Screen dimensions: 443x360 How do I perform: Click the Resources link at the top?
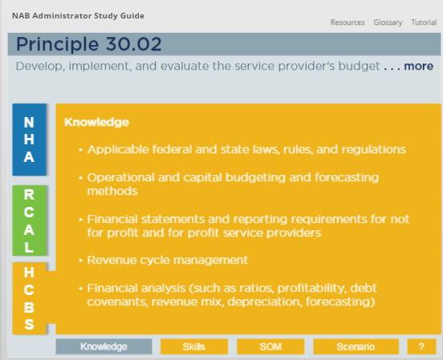347,22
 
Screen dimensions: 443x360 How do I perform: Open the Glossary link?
388,22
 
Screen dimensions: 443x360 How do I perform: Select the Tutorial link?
424,22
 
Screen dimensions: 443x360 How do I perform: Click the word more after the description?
418,66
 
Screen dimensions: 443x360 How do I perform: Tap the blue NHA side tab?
29,140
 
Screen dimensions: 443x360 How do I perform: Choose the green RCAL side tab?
29,220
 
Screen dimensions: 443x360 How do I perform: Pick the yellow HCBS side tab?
29,298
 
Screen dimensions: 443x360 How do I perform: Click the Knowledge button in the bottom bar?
104,346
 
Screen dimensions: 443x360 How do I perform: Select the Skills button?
194,346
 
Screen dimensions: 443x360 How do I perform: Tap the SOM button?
270,346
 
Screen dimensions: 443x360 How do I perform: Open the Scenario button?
356,346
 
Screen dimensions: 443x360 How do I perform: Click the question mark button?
421,346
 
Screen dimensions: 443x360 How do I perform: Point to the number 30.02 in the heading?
134,44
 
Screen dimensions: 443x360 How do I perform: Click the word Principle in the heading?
57,45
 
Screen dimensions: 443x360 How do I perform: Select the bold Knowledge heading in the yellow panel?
96,122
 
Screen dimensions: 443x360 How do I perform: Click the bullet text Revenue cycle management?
168,260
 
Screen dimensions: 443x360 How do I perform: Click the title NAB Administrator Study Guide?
78,16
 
